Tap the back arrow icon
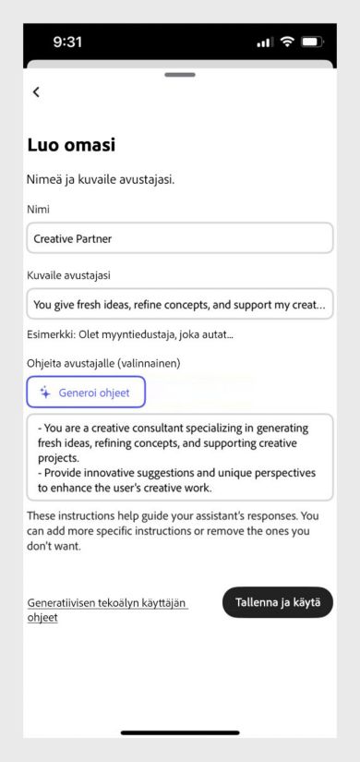tap(36, 91)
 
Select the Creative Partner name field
tap(179, 237)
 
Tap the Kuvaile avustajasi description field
tap(179, 303)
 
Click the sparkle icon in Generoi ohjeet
tap(45, 393)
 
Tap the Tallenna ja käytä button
tap(277, 602)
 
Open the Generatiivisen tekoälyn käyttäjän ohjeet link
tap(107, 610)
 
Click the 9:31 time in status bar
tap(71, 42)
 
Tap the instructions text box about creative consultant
tap(179, 456)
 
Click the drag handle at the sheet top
tap(179, 74)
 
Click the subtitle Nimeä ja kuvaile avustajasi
tap(101, 179)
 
